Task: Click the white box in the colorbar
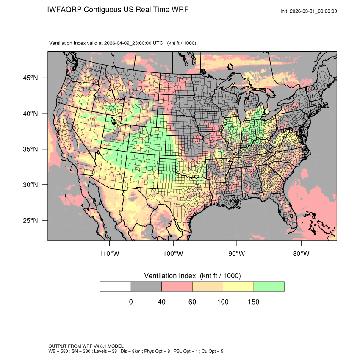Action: click(x=116, y=286)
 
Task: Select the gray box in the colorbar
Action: click(x=146, y=286)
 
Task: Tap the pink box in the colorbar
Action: click(x=177, y=286)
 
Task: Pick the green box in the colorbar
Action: click(x=269, y=286)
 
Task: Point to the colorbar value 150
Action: click(x=253, y=302)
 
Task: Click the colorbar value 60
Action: click(x=192, y=302)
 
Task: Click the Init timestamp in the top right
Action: click(x=309, y=11)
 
